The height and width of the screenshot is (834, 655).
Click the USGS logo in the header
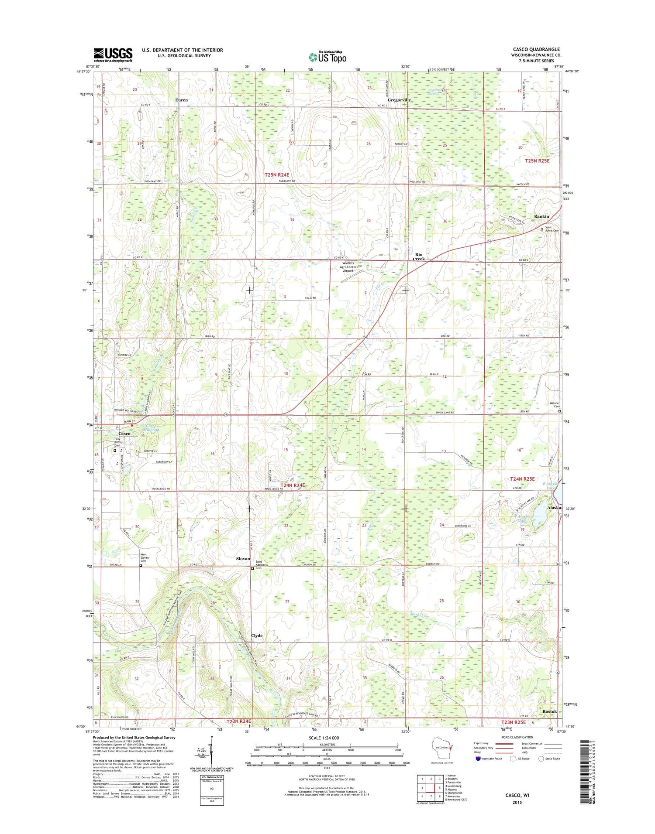coord(113,54)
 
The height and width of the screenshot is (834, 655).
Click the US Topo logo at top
coord(327,57)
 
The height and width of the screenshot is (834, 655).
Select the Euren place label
coord(181,100)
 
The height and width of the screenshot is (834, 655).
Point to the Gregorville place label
coord(399,100)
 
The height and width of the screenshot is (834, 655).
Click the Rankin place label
coord(541,216)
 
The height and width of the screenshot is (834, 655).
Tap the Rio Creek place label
coord(419,256)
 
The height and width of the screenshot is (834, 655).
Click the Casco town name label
coord(124,434)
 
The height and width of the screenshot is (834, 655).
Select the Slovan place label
coord(243,558)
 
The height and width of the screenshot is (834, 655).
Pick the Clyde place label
coord(257,636)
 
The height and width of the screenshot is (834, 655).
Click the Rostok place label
coord(549,711)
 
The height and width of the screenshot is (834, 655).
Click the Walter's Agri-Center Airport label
coord(354,267)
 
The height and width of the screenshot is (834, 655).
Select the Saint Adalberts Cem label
coord(265,565)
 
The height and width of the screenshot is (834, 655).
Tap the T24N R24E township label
coord(293,485)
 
